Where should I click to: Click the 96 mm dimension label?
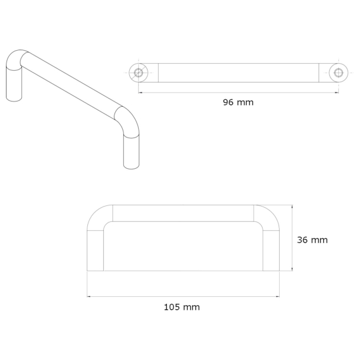pos(238,102)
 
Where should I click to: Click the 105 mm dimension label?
pos(182,307)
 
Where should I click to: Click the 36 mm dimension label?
pos(312,240)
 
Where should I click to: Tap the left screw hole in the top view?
pos(139,73)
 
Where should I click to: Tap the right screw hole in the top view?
pos(338,73)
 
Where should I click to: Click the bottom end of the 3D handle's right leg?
pos(133,164)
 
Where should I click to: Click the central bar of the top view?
pos(238,73)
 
